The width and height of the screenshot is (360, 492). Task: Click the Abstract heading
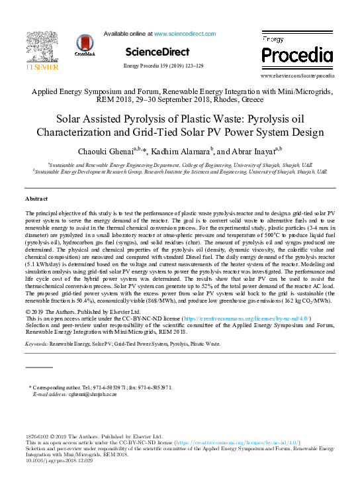pos(36,199)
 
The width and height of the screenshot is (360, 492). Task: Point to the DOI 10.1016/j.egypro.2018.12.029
pos(59,461)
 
